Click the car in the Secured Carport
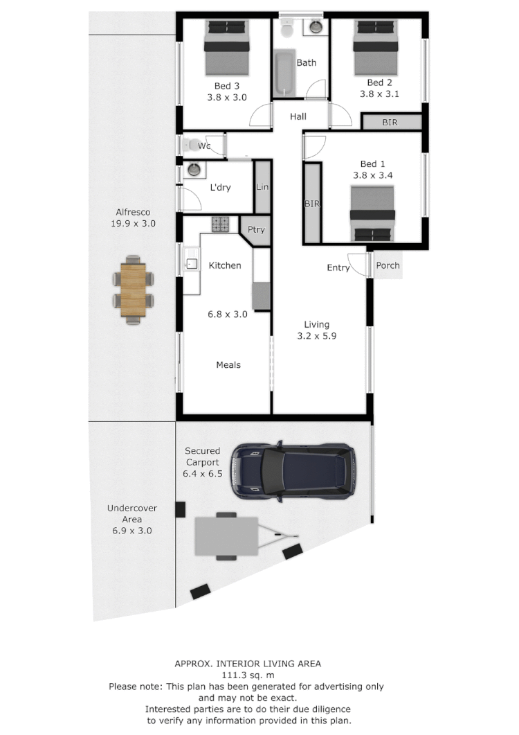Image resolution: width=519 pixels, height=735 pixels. tap(293, 470)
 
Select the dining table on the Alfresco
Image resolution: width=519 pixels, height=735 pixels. tap(133, 289)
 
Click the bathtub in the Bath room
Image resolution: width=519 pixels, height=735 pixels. tap(284, 76)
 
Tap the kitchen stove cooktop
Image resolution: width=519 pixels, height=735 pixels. tap(220, 224)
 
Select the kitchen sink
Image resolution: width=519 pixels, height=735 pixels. tap(191, 263)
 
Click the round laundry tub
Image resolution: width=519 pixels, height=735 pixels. tap(194, 169)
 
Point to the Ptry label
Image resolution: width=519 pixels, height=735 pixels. tap(256, 230)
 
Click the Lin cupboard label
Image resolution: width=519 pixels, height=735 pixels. tap(262, 187)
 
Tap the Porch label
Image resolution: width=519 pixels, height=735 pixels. tap(388, 265)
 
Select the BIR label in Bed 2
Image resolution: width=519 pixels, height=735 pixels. tap(390, 122)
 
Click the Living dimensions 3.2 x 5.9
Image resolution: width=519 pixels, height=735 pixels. tap(316, 337)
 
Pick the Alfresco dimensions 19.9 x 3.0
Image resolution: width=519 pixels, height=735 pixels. tap(133, 224)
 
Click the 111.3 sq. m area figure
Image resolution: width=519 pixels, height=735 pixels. tap(247, 675)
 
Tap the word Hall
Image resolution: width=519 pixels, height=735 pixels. tap(298, 116)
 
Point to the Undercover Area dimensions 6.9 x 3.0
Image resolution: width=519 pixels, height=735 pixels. tap(131, 531)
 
